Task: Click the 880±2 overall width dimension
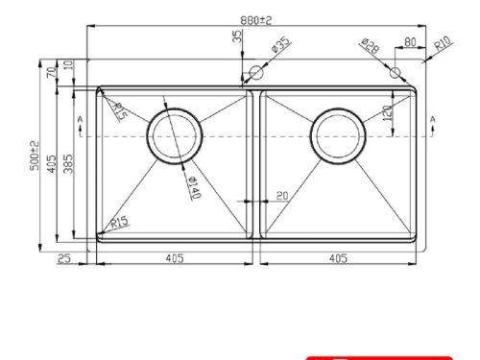pos(256,18)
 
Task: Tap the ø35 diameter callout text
pos(280,44)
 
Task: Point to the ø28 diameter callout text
pos(370,45)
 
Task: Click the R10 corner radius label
pos(443,43)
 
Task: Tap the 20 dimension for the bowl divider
pos(281,197)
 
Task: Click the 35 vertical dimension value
pos(237,37)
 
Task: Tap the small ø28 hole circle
pos(396,71)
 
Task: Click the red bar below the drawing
pos(378,357)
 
